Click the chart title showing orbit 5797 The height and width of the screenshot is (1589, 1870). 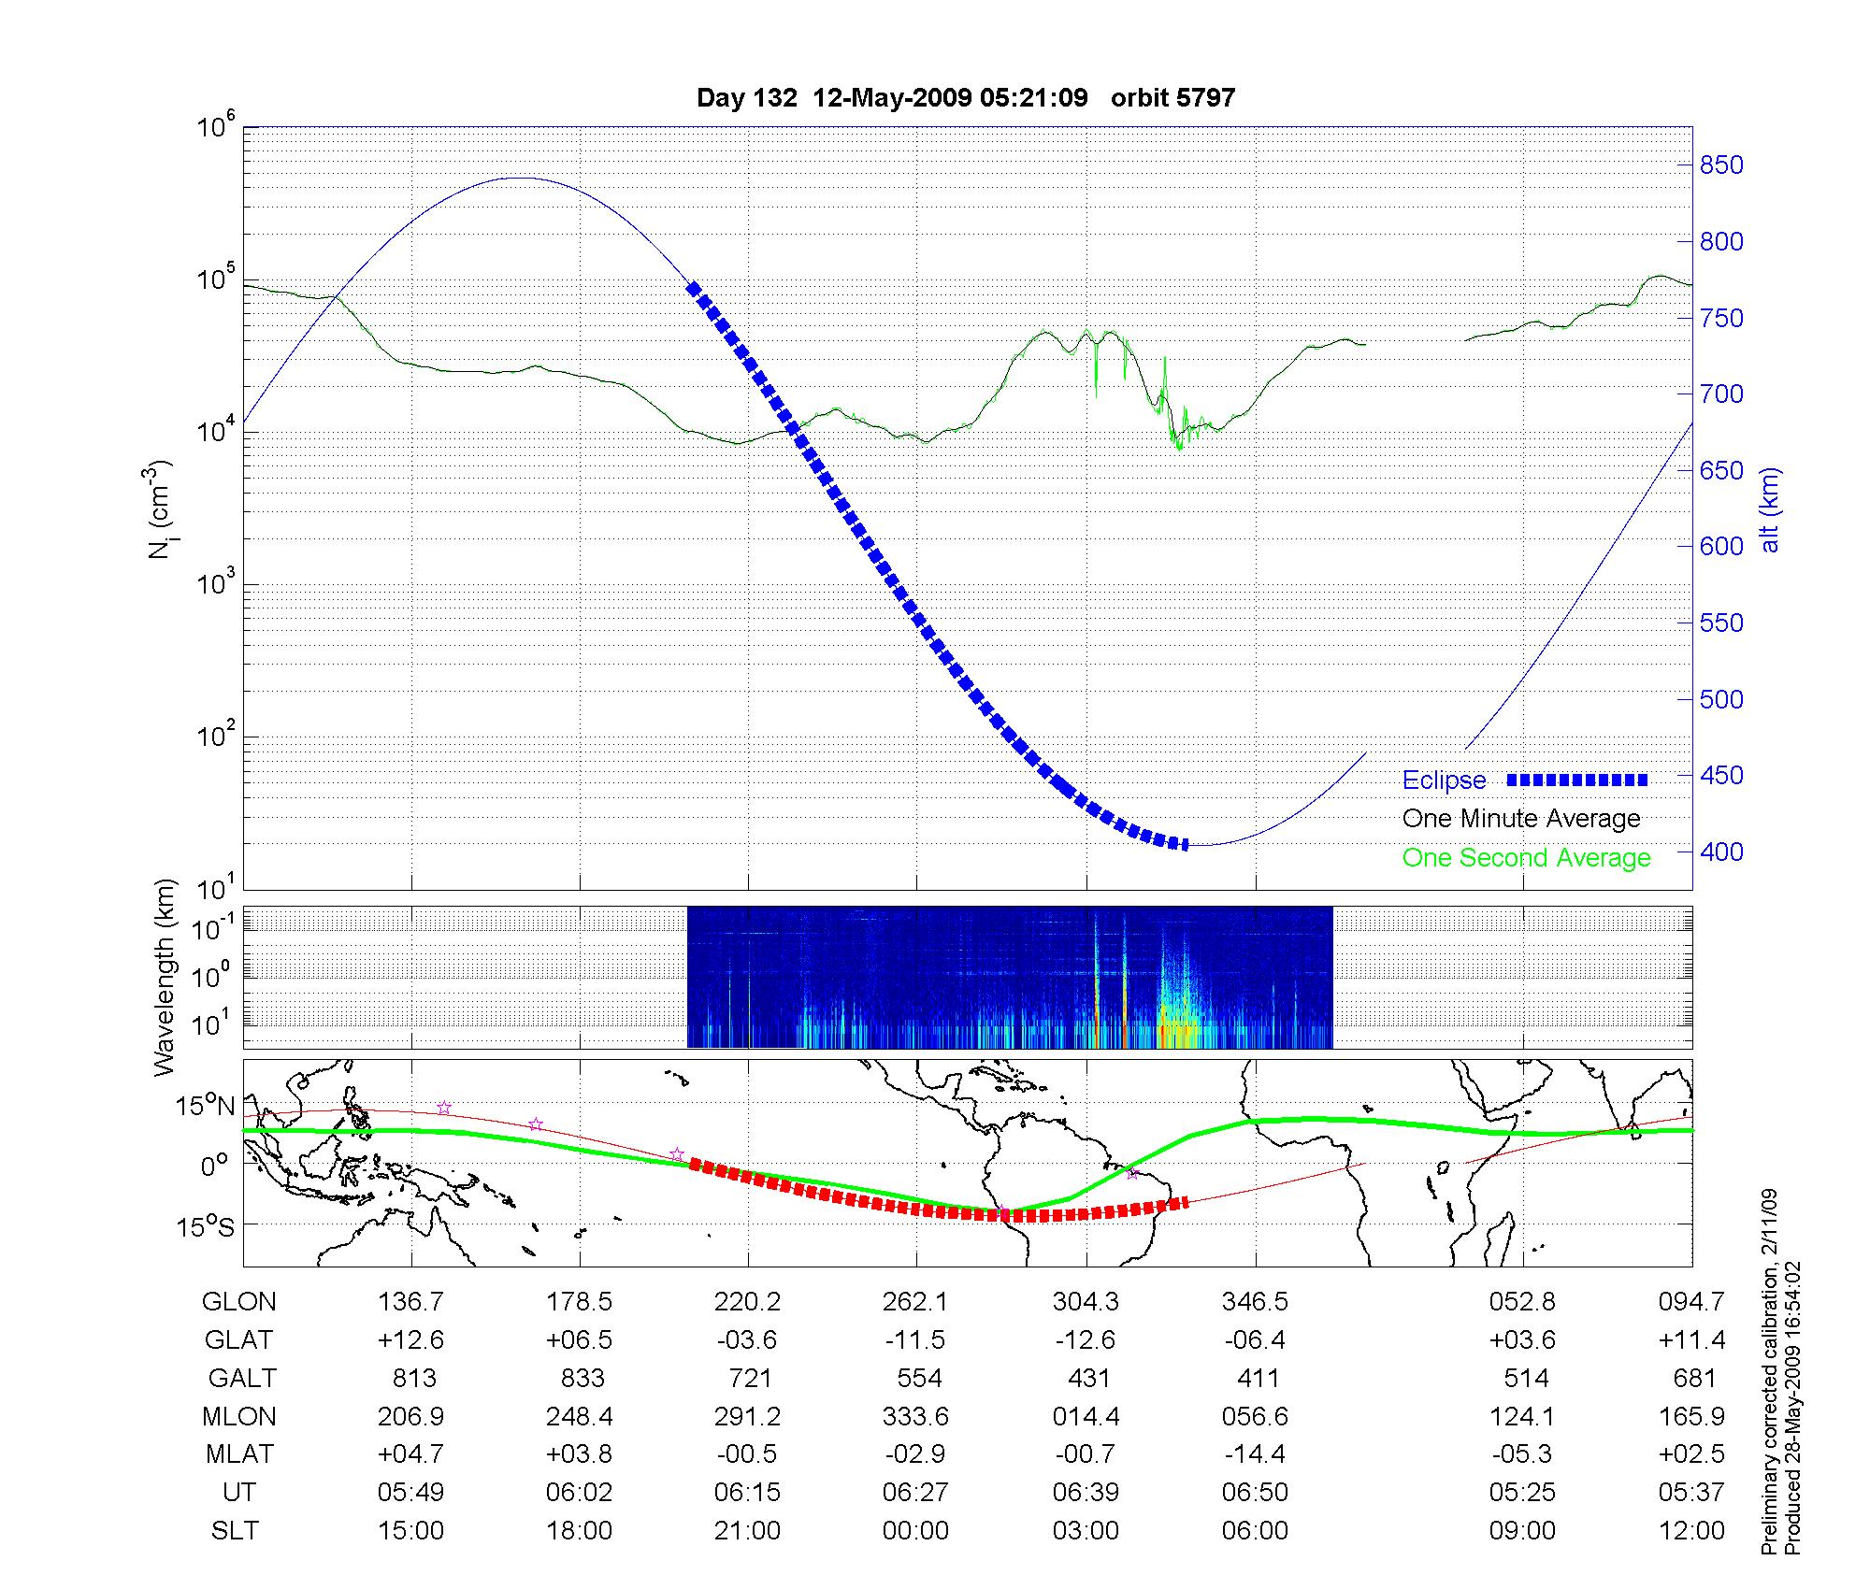click(966, 98)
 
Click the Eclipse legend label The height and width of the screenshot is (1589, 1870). click(1444, 780)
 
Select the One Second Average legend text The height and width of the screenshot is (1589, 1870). click(1526, 858)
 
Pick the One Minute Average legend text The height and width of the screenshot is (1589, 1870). click(1521, 819)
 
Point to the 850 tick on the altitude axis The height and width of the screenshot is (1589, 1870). click(1721, 165)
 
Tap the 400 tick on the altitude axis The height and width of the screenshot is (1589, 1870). click(1721, 852)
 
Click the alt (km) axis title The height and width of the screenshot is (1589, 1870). click(1770, 509)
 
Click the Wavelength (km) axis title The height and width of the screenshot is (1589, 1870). click(165, 978)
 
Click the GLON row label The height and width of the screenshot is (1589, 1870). click(239, 1301)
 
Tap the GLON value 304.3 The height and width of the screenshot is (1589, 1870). click(1086, 1301)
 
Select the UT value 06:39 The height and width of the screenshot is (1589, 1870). click(1086, 1492)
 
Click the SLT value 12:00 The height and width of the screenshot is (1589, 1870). click(1691, 1530)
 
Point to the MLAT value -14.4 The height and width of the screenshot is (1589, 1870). click(1255, 1454)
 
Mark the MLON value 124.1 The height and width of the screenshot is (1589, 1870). click(1522, 1416)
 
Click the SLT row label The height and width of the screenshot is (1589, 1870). click(235, 1530)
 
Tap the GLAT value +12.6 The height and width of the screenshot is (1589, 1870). click(410, 1339)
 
